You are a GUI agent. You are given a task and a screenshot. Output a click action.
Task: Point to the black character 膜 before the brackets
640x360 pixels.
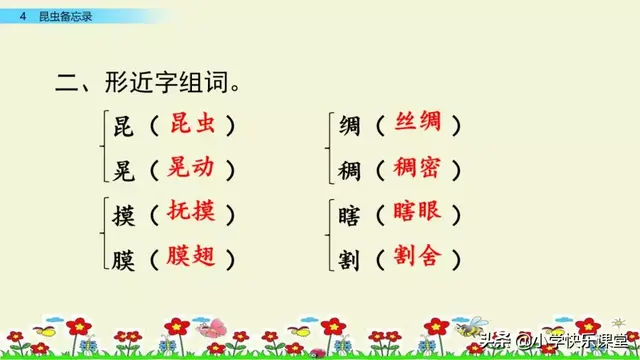click(x=125, y=257)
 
